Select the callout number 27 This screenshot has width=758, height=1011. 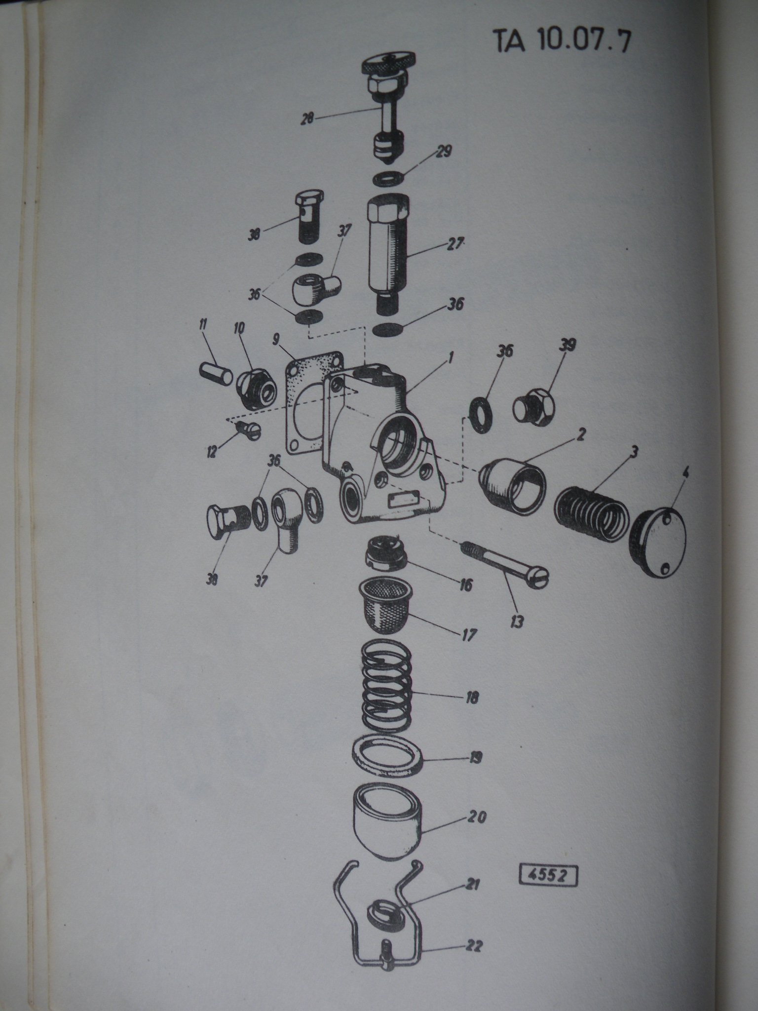click(455, 243)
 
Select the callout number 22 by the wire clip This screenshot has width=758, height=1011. click(473, 947)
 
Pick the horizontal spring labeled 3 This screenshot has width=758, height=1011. click(591, 514)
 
